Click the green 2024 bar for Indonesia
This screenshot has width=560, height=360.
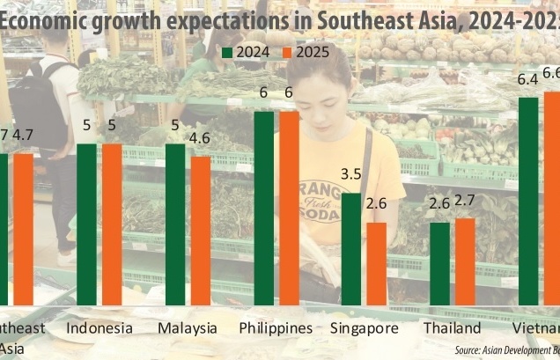[x=87, y=224]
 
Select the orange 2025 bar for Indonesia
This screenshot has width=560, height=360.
[x=112, y=224]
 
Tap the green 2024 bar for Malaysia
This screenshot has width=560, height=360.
[x=176, y=224]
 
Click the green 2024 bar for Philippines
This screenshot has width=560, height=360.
[x=264, y=208]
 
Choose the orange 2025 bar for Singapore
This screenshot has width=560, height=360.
[x=377, y=263]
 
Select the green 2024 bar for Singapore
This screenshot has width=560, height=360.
[x=351, y=248]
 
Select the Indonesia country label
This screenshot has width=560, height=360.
[x=99, y=328]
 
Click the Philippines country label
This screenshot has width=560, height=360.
[x=276, y=328]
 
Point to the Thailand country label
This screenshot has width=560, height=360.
[x=452, y=328]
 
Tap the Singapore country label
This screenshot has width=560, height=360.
[x=364, y=328]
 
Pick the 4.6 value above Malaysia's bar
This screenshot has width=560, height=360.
[x=202, y=137]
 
